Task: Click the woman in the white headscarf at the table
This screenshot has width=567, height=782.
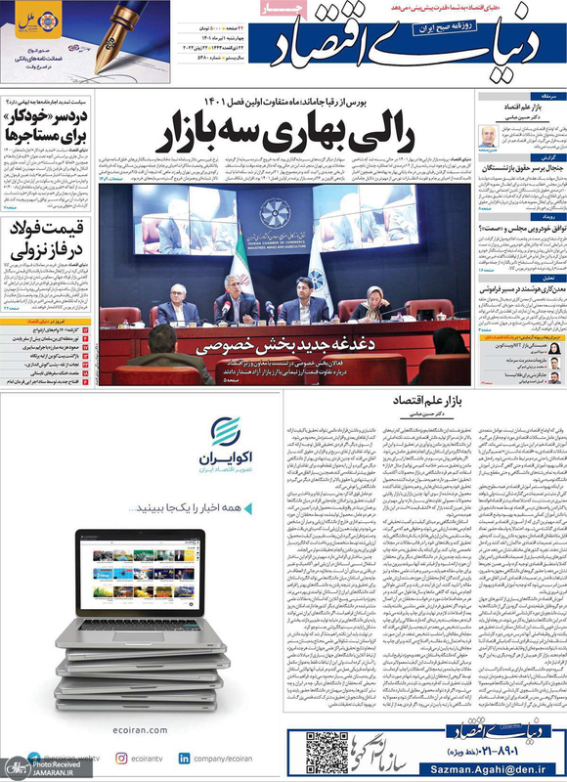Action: pyautogui.click(x=376, y=303)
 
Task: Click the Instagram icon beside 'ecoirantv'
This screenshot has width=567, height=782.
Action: pyautogui.click(x=121, y=758)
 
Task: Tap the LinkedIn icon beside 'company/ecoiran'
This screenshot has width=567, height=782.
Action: pyautogui.click(x=183, y=758)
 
